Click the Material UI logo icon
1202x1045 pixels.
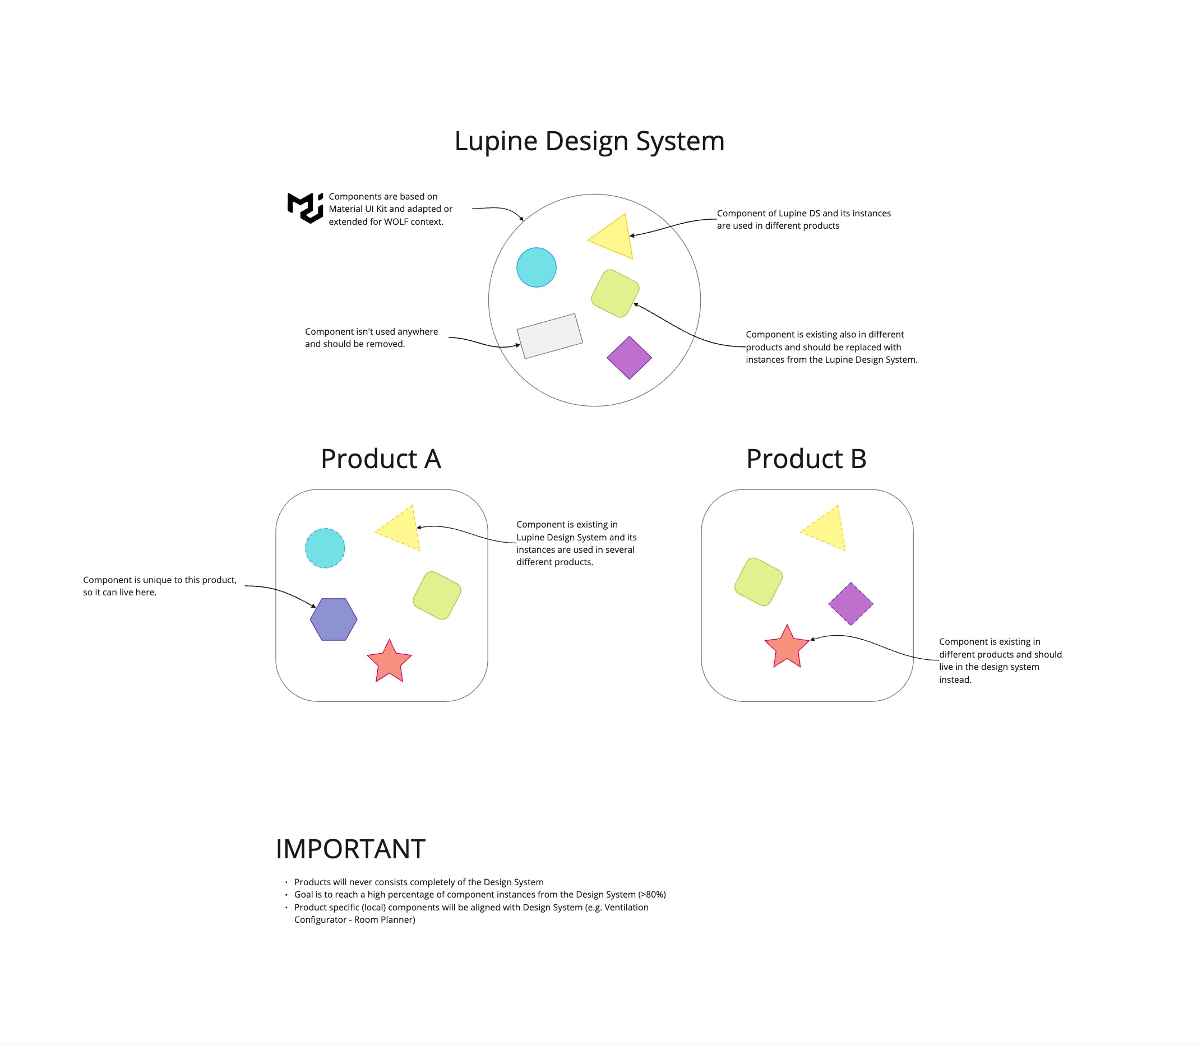(305, 207)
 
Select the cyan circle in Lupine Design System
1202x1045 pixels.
(536, 267)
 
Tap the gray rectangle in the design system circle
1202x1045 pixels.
(549, 336)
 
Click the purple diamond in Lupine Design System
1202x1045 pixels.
(628, 358)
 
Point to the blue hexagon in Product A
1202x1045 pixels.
(334, 619)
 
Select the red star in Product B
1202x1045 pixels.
(787, 648)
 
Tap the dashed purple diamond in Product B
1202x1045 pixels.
(850, 604)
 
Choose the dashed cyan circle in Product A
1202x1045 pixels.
(325, 548)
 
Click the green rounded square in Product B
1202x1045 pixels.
(758, 581)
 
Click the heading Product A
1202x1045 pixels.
(381, 459)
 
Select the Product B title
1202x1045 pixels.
(806, 459)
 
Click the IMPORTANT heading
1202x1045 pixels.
(350, 849)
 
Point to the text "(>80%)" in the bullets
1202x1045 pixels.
(652, 895)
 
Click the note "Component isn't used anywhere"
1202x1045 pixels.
(371, 332)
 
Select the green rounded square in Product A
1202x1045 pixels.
(437, 595)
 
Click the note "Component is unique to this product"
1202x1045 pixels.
(159, 580)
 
